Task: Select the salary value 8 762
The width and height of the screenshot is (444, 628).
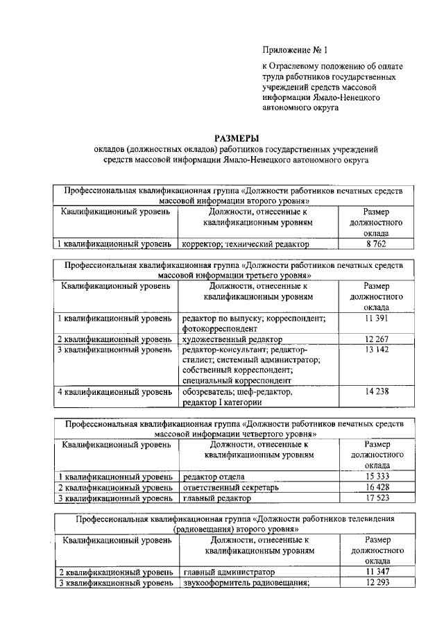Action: (375, 244)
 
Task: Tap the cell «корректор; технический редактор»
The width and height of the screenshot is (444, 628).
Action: (246, 244)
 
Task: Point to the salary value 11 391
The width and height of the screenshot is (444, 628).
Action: (375, 318)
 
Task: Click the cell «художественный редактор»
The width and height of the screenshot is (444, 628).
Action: (232, 339)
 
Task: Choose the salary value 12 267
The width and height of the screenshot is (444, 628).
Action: (375, 339)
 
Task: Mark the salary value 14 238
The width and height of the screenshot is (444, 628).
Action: (375, 392)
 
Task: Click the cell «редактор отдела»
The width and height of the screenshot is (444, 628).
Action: (214, 477)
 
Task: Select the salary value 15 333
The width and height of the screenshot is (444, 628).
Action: (375, 477)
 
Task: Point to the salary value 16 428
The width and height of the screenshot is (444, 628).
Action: (375, 487)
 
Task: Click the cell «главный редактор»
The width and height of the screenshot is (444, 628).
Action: (216, 498)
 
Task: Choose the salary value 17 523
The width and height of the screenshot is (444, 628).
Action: (375, 498)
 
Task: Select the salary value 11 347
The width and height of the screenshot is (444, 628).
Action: (375, 572)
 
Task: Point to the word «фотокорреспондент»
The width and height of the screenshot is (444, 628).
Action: (220, 328)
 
